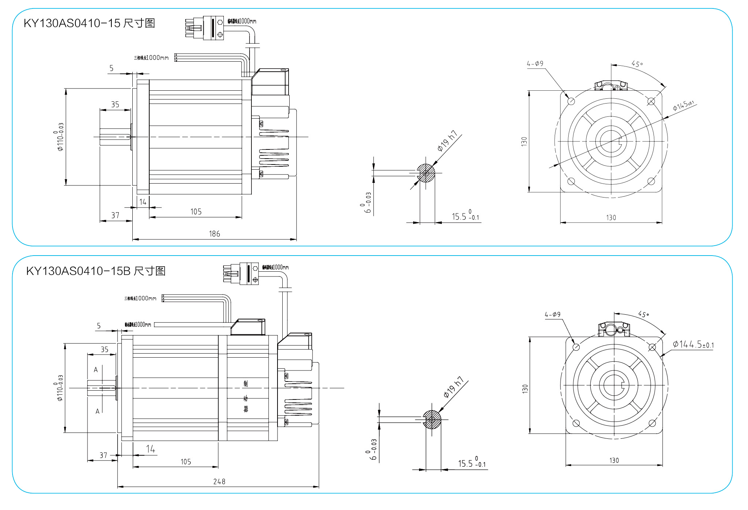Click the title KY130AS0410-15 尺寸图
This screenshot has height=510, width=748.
89,23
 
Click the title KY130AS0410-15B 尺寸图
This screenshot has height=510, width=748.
96,271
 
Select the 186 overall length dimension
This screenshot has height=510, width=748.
214,234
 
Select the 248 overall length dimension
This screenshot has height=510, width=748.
219,481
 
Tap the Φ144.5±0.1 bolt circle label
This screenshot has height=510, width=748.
693,344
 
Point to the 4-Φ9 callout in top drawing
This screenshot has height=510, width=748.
535,64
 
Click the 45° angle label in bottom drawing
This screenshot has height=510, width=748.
643,314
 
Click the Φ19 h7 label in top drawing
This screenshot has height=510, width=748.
447,141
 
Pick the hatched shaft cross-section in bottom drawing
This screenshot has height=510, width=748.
432,419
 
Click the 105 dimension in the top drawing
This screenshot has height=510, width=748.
196,212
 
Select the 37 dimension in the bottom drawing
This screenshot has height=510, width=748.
103,455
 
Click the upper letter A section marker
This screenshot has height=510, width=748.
96,370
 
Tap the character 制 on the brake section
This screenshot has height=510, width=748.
246,384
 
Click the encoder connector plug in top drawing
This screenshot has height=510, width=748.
204,28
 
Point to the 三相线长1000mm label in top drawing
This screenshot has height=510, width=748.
151,58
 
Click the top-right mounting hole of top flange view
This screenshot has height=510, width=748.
651,101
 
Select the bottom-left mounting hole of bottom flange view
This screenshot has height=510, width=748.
576,423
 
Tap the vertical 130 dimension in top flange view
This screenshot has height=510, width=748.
524,141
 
